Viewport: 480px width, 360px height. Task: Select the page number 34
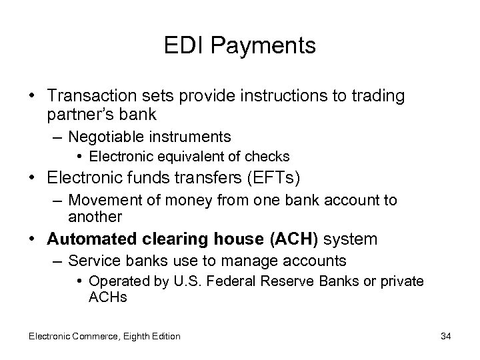pyautogui.click(x=445, y=336)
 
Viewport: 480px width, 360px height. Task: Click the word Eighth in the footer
pyautogui.click(x=133, y=336)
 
